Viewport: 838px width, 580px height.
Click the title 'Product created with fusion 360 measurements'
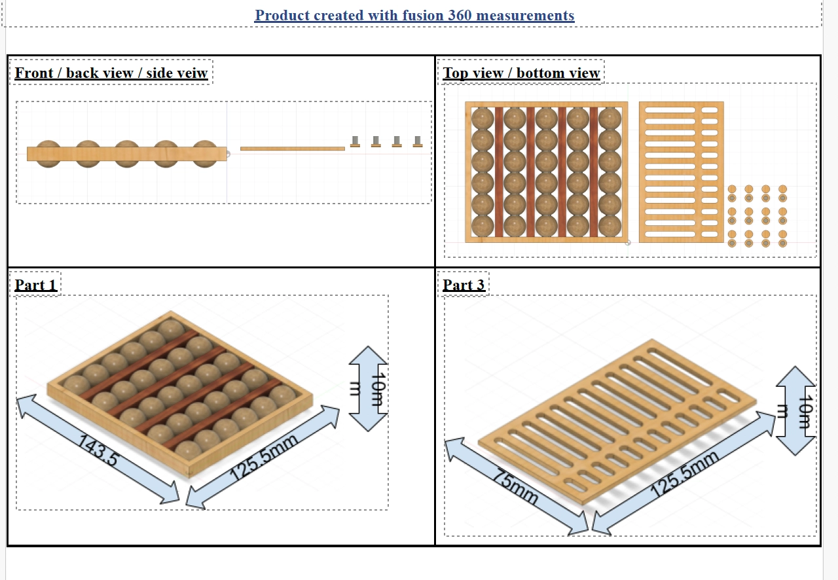click(414, 15)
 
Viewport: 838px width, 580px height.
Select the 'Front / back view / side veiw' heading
click(111, 73)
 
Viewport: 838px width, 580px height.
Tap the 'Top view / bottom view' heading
click(521, 73)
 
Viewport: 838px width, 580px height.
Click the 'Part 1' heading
click(35, 285)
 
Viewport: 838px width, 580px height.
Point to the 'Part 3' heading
click(464, 285)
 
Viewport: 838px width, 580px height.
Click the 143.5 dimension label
click(98, 450)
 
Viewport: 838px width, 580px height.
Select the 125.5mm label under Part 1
click(264, 458)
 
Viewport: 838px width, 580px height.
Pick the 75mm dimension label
click(515, 486)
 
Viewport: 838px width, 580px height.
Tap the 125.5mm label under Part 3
click(685, 474)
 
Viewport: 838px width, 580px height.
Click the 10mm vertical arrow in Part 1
click(368, 388)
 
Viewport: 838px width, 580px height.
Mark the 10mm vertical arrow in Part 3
click(795, 410)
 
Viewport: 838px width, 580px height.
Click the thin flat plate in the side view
click(293, 149)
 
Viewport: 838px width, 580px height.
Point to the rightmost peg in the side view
click(418, 141)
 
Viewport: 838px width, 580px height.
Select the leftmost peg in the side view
click(355, 141)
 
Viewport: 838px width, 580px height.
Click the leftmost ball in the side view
click(48, 154)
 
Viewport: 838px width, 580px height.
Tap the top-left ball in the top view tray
click(483, 118)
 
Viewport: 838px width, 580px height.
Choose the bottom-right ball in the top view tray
click(610, 226)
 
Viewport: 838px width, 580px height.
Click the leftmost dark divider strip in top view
click(499, 172)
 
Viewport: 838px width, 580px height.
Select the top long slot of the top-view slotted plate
click(670, 110)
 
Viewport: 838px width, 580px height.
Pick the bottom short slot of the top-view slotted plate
click(709, 234)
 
